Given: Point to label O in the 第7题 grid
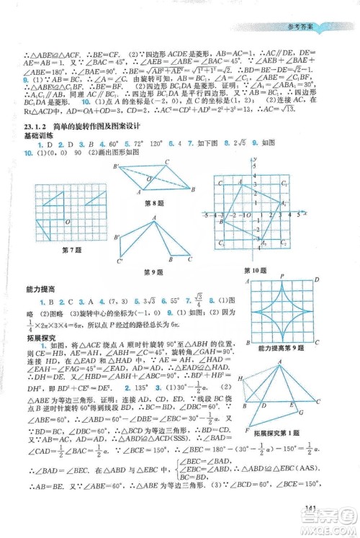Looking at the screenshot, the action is coord(67,221).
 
